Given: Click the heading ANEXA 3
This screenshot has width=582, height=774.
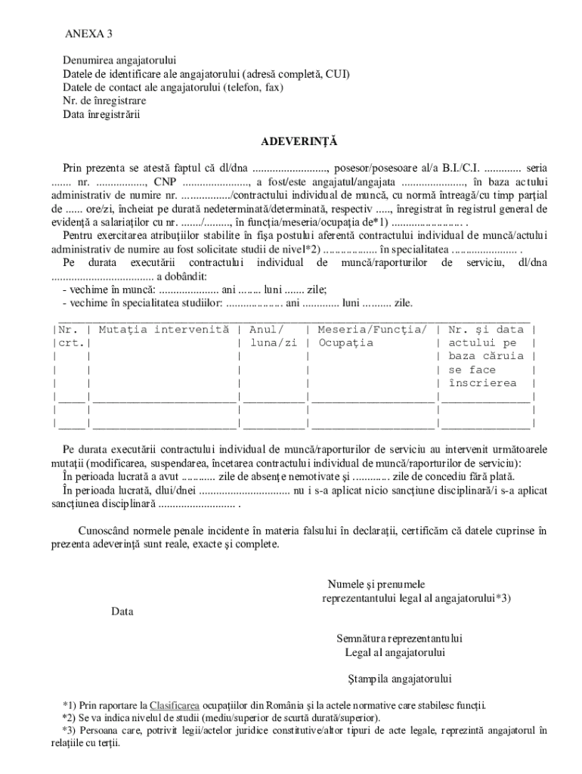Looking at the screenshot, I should [x=89, y=35].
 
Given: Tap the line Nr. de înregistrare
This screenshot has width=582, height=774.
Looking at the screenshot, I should [x=104, y=101].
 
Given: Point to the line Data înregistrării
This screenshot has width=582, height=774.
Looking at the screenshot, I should [x=101, y=115].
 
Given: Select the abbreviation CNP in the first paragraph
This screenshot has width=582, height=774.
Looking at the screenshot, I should [x=166, y=182].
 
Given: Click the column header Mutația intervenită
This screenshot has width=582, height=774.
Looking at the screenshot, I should [x=163, y=330].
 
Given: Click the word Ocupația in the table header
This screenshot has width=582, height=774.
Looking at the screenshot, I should [x=345, y=343].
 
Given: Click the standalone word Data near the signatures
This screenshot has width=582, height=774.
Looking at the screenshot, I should [x=122, y=611].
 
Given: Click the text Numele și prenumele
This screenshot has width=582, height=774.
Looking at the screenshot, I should [x=376, y=584].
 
